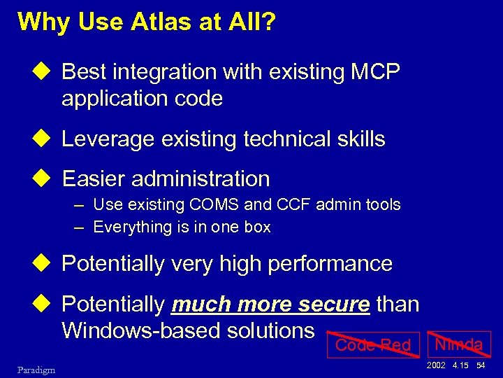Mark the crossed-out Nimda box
pyautogui.click(x=458, y=344)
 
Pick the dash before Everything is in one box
pyautogui.click(x=81, y=227)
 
